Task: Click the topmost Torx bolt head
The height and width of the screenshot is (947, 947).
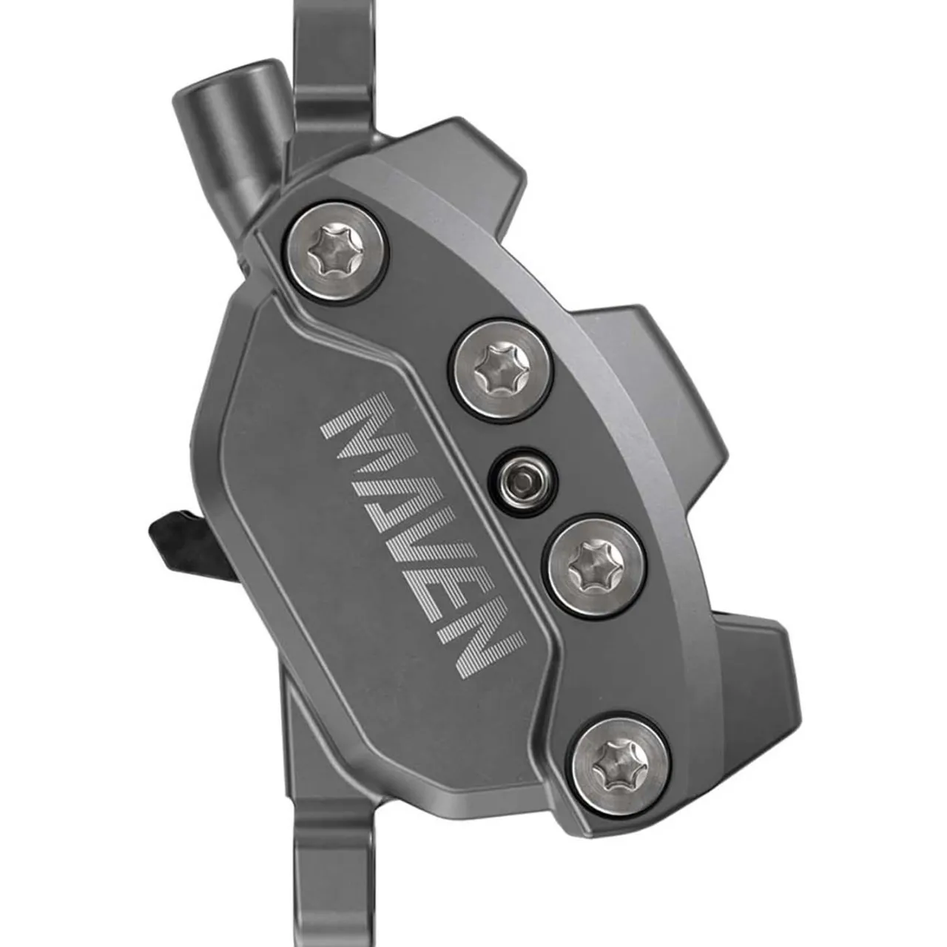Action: point(337,252)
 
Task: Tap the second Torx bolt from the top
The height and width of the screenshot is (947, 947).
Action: point(502,370)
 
